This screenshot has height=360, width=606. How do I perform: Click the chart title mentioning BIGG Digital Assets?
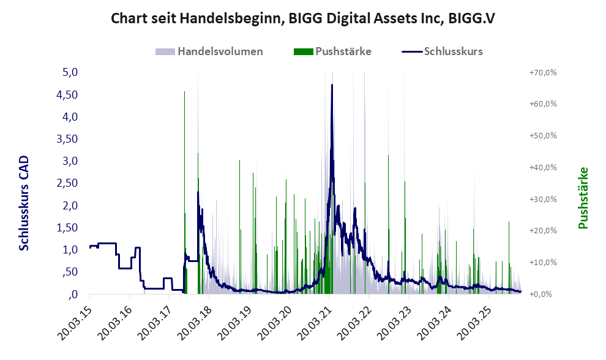(302, 18)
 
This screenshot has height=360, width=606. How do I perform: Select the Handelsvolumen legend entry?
(220, 51)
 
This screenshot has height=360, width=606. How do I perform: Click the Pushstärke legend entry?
(343, 51)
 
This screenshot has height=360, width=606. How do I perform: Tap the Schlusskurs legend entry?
(454, 51)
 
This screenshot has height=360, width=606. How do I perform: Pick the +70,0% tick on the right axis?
(543, 72)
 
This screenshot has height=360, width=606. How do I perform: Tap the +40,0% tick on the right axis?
(543, 167)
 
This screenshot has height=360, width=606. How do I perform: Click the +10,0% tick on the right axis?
(543, 262)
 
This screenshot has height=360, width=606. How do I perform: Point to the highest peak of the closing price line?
(332, 85)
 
